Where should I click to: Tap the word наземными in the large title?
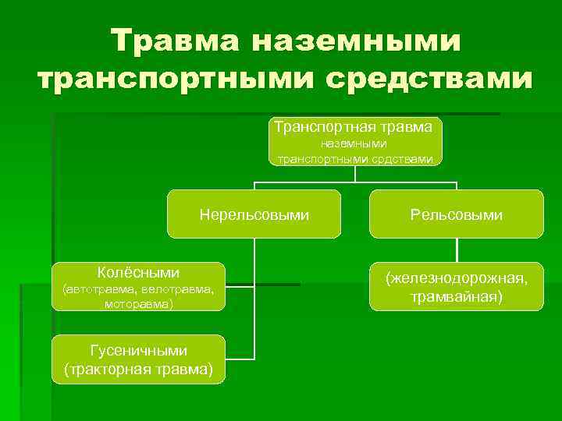[356, 40]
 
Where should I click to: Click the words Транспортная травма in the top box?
[355, 126]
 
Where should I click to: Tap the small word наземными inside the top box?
[355, 143]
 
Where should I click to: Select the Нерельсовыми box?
[254, 214]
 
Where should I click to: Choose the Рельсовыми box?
[456, 214]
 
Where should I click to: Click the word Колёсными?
[138, 273]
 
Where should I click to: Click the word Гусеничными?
[138, 352]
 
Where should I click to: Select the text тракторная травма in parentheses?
[138, 369]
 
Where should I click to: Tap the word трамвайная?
[456, 296]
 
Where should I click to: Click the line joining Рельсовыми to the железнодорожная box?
[456, 249]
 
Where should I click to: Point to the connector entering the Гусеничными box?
[240, 359]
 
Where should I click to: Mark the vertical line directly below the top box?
[355, 175]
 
